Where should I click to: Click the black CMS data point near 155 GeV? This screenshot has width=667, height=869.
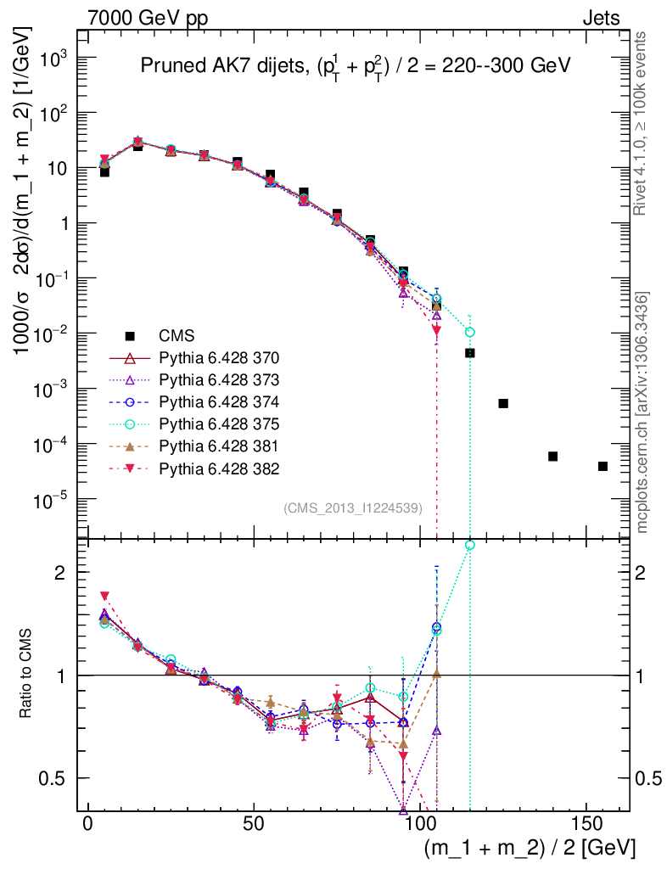603,466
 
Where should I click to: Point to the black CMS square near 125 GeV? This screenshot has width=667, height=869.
503,403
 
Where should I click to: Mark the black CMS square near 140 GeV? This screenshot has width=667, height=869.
552,457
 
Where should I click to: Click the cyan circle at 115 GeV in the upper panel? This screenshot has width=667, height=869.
470,332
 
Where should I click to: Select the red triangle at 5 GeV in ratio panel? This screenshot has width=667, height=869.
105,597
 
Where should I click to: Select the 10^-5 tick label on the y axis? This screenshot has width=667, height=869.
51,500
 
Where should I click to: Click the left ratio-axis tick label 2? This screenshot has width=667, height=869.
62,573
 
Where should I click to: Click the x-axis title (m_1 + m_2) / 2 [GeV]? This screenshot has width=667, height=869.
529,849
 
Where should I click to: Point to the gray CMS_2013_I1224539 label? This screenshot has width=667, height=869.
360,508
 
